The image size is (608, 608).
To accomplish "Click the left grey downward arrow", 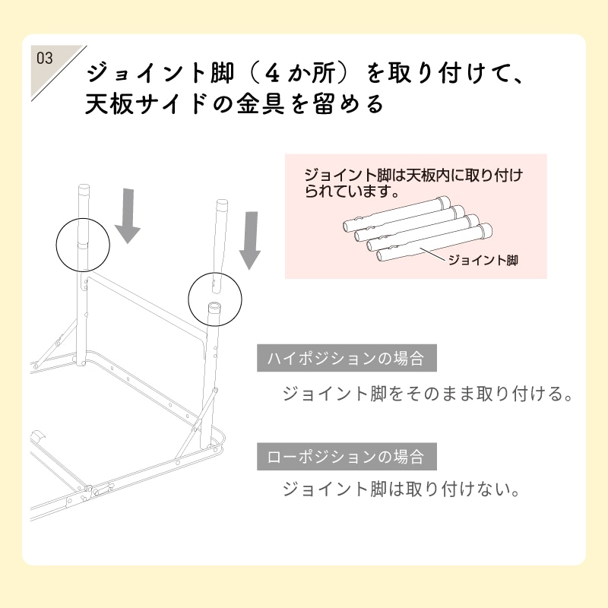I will tap(128, 215).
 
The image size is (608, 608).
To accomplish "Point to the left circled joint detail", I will tap(84, 245).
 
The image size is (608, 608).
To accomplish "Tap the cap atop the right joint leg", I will tap(222, 205).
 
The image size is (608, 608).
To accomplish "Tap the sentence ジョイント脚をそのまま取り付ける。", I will tap(426, 395).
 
